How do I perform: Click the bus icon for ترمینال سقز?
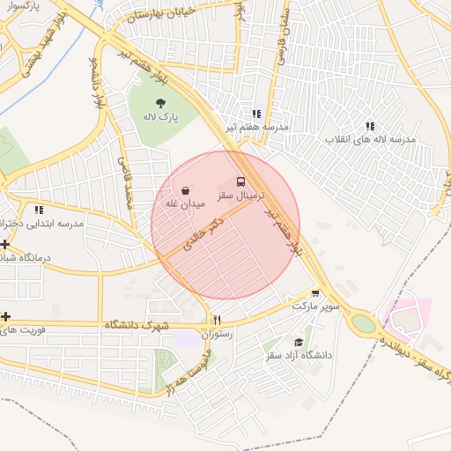241,182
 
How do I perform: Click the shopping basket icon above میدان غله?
186,189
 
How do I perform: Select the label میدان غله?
185,203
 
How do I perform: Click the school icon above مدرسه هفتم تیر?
256,114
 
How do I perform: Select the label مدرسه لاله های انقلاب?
371,139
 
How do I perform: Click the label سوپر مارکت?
316,306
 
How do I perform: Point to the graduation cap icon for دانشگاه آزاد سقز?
299,342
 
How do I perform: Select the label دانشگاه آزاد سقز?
299,356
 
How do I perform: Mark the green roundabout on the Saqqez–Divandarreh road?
362,323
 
